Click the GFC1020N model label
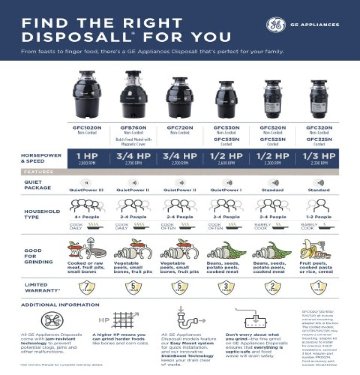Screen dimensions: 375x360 click(x=87, y=127)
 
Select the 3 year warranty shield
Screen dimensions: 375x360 click(x=226, y=287)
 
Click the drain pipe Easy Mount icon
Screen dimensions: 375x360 click(x=186, y=321)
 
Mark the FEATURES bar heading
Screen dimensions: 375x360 click(x=39, y=172)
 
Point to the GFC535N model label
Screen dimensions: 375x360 click(x=226, y=139)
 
